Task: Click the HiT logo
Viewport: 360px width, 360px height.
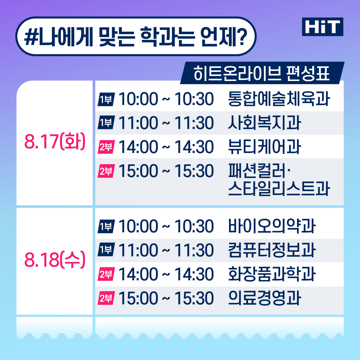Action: point(322,27)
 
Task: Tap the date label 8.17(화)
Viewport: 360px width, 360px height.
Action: point(55,141)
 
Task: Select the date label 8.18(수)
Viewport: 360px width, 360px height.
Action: point(55,259)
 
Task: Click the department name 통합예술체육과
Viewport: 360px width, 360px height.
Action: point(279,99)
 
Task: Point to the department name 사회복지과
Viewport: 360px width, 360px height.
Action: point(264,123)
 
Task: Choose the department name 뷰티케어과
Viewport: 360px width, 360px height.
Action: point(264,147)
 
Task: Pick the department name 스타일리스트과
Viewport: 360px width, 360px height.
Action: point(279,188)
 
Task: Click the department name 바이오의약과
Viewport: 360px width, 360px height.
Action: point(272,226)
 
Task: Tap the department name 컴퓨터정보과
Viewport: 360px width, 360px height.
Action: point(272,250)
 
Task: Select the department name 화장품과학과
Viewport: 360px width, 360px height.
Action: point(272,274)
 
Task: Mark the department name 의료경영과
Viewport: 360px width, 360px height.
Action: point(264,298)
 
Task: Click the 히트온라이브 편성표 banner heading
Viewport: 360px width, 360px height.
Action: point(262,73)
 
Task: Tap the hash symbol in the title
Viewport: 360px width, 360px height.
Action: point(31,37)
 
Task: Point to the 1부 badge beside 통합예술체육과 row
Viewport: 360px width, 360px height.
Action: point(106,99)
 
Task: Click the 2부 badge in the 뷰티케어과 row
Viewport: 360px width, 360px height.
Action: point(106,147)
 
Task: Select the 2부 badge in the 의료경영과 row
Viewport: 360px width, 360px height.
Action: point(106,298)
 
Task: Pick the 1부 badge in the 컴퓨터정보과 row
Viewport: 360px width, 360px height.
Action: point(106,250)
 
